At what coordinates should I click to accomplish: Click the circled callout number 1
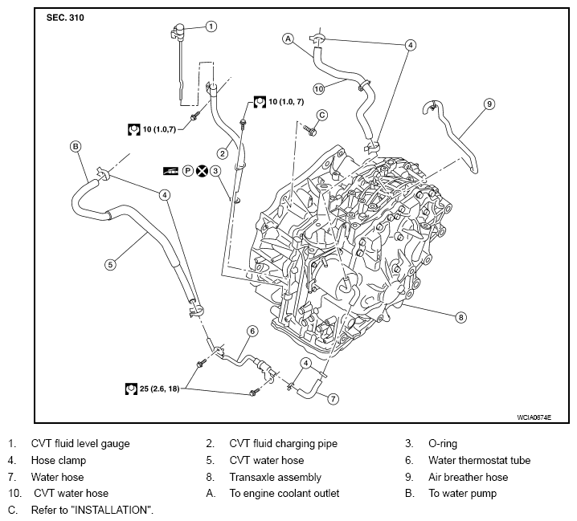pyautogui.click(x=211, y=26)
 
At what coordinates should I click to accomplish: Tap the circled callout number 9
pyautogui.click(x=489, y=104)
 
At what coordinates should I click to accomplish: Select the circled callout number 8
pyautogui.click(x=460, y=317)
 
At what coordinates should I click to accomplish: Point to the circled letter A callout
pyautogui.click(x=288, y=39)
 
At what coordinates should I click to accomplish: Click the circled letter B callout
pyautogui.click(x=76, y=146)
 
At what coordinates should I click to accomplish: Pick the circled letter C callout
pyautogui.click(x=322, y=116)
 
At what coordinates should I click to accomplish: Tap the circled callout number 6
pyautogui.click(x=252, y=332)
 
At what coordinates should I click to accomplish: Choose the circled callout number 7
pyautogui.click(x=333, y=399)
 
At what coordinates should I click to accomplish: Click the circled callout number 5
pyautogui.click(x=110, y=264)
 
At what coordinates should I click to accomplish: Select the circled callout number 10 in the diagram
pyautogui.click(x=319, y=88)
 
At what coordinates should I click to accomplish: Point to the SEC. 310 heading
pyautogui.click(x=65, y=18)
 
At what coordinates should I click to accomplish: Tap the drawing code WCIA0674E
pyautogui.click(x=534, y=417)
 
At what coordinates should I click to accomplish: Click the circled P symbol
pyautogui.click(x=188, y=171)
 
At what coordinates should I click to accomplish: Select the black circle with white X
pyautogui.click(x=202, y=171)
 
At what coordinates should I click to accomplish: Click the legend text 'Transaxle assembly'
pyautogui.click(x=276, y=477)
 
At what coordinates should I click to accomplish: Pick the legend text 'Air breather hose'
pyautogui.click(x=468, y=477)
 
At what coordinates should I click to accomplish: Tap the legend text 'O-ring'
pyautogui.click(x=443, y=444)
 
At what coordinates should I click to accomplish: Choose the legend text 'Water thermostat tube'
pyautogui.click(x=480, y=460)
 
